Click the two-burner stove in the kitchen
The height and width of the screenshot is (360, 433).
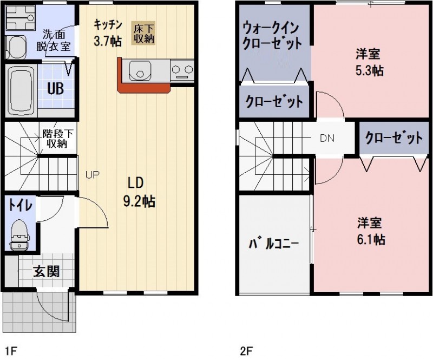click(182, 69)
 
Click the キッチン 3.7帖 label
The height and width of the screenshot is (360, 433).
click(107, 32)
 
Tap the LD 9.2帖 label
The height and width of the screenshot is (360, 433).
click(139, 192)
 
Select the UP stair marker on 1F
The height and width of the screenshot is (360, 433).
click(91, 174)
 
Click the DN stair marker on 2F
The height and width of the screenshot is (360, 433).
click(327, 138)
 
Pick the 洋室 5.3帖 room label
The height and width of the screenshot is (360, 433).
click(370, 62)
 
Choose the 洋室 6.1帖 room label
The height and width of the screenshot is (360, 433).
click(371, 231)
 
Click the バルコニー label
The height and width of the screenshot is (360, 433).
click(273, 243)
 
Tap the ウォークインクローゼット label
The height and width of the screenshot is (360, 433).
click(272, 36)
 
